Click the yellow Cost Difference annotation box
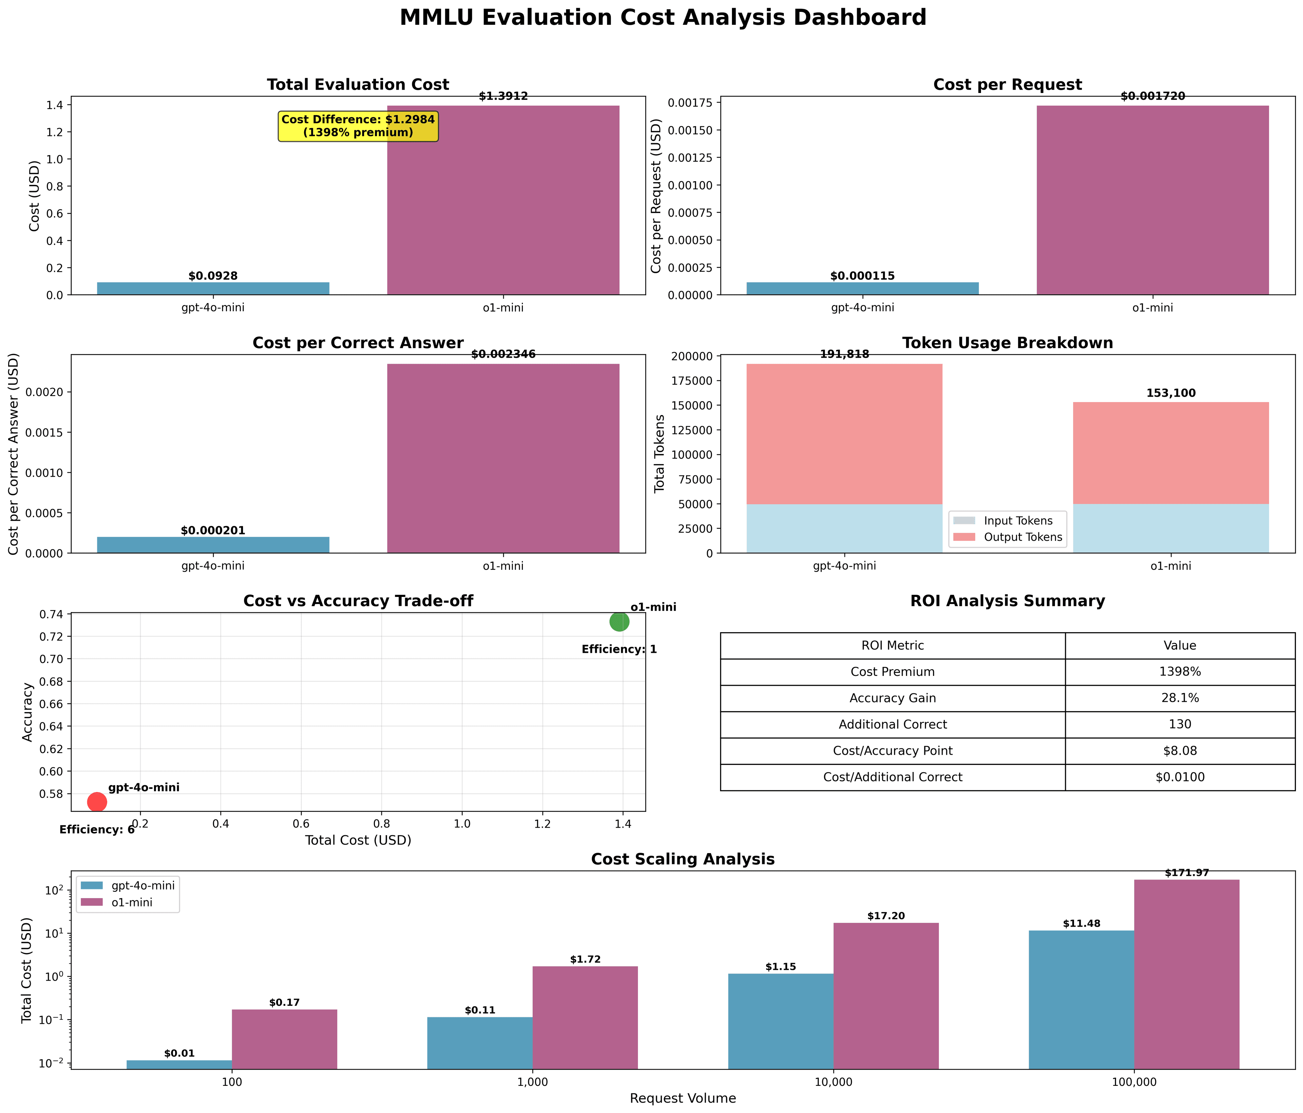358,126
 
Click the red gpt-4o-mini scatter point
96,802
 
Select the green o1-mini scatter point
619,622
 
